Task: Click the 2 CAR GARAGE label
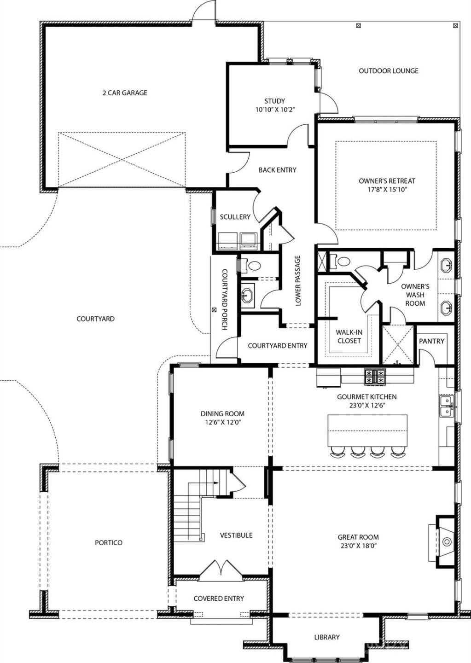pos(125,93)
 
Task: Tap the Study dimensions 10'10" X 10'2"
pos(274,110)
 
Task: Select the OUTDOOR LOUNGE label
pos(389,71)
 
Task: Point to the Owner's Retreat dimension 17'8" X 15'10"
pos(387,189)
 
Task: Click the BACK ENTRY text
pos(277,170)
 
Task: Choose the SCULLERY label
pos(235,217)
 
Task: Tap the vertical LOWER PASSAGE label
pos(298,281)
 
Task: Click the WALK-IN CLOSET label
pos(349,337)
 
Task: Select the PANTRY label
pos(431,341)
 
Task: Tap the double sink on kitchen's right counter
pos(445,406)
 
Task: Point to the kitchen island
pos(367,430)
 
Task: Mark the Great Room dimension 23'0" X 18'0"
pos(358,546)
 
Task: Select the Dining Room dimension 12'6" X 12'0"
pos(222,422)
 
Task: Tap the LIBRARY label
pos(327,637)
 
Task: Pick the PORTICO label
pos(109,543)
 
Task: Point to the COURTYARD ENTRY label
pos(277,346)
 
